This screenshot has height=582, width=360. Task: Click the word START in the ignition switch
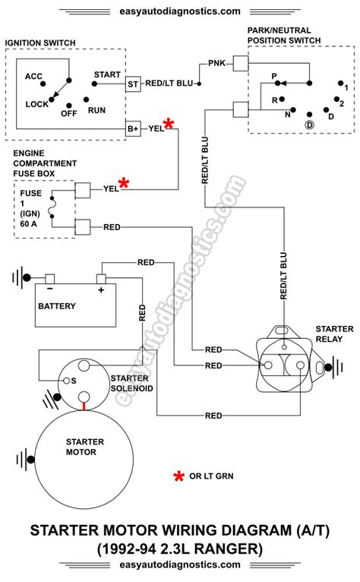pyautogui.click(x=107, y=74)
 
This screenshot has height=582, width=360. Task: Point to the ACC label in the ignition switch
pyautogui.click(x=33, y=76)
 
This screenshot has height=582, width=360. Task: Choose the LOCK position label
pyautogui.click(x=36, y=103)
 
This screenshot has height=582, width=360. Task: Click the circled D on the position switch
pyautogui.click(x=309, y=123)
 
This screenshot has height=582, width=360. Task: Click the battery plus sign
pyautogui.click(x=100, y=289)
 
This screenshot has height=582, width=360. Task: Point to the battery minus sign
pyautogui.click(x=49, y=289)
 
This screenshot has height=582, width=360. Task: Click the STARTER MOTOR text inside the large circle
pyautogui.click(x=80, y=446)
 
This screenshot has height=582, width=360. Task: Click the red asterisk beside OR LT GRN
pyautogui.click(x=179, y=476)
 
